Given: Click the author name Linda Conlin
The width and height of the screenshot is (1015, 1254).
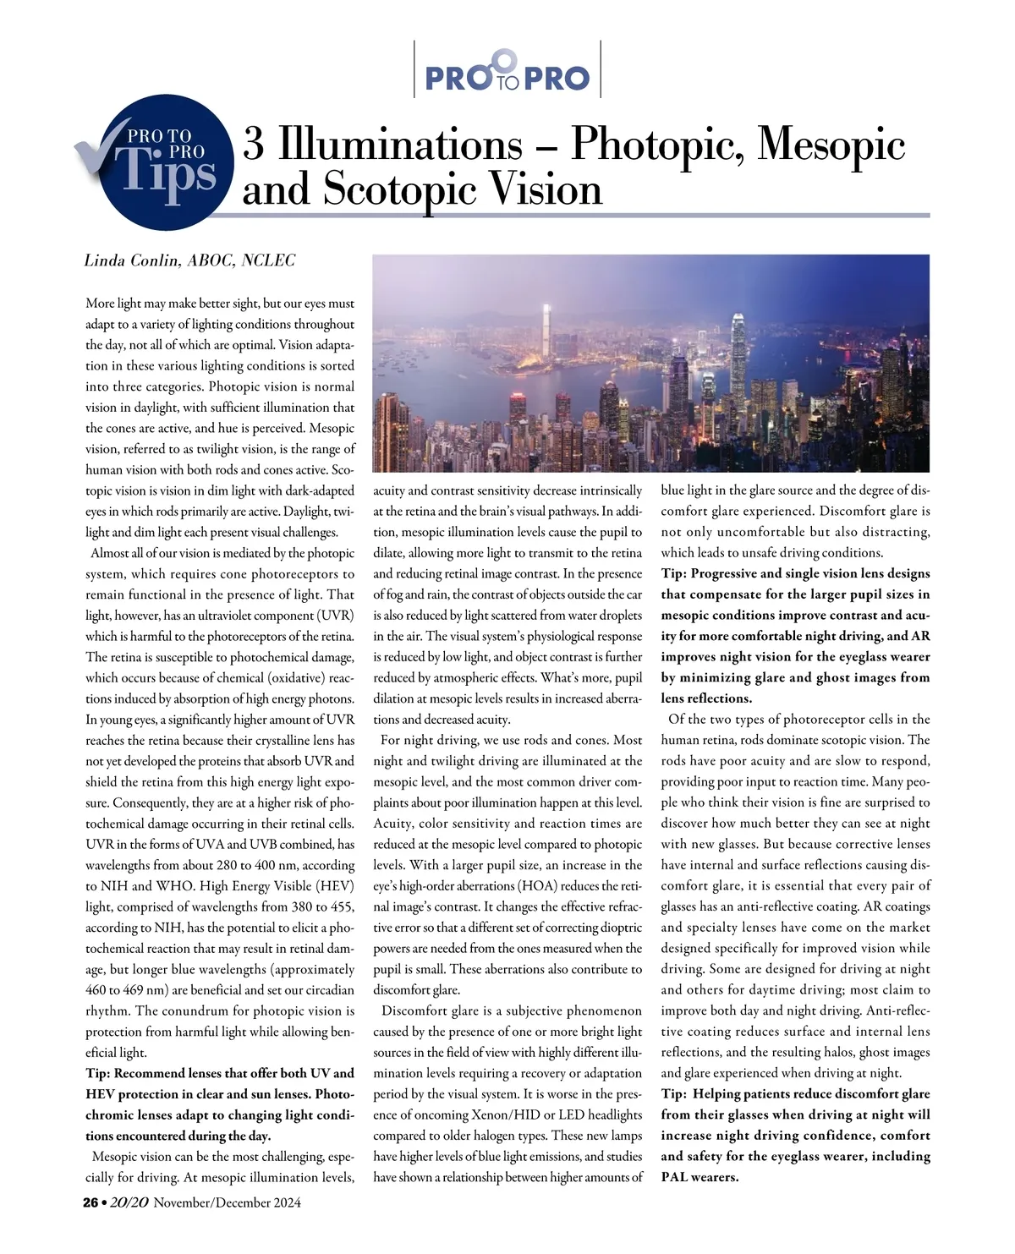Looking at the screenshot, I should pyautogui.click(x=132, y=260).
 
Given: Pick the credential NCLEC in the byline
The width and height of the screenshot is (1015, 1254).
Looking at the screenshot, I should pyautogui.click(x=269, y=260).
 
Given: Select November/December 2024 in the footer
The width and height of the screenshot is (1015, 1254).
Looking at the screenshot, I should pyautogui.click(x=228, y=1202).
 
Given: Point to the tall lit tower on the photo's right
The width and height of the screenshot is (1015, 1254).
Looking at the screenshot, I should pyautogui.click(x=738, y=347).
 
